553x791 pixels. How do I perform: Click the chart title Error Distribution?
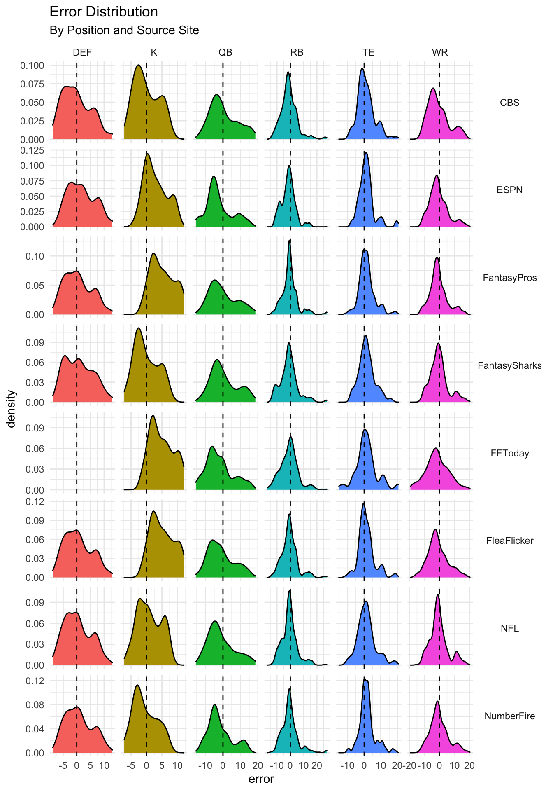coord(104,12)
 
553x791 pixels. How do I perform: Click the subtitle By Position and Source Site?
coord(124,30)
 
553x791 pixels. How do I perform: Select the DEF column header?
coord(82,52)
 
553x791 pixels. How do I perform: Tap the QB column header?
coord(225,52)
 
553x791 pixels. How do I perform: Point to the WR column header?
coord(440,52)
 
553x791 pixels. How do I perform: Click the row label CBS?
coord(509,103)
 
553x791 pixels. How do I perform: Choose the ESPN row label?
coord(509,190)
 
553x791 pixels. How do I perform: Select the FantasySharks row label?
coord(509,365)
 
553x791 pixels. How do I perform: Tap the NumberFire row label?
coord(509,716)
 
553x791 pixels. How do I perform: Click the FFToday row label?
coord(509,453)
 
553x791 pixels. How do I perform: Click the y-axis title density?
coord(12,409)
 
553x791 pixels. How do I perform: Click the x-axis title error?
coord(261,779)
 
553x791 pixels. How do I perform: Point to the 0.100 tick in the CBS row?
coord(32,66)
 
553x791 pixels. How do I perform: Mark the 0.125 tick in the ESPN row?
coord(32,150)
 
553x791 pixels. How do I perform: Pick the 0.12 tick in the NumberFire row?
coord(35,681)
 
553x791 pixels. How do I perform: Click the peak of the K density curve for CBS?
coord(139,65)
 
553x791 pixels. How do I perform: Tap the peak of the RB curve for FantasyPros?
coord(290,240)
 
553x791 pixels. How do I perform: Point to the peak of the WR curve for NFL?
coord(437,594)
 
